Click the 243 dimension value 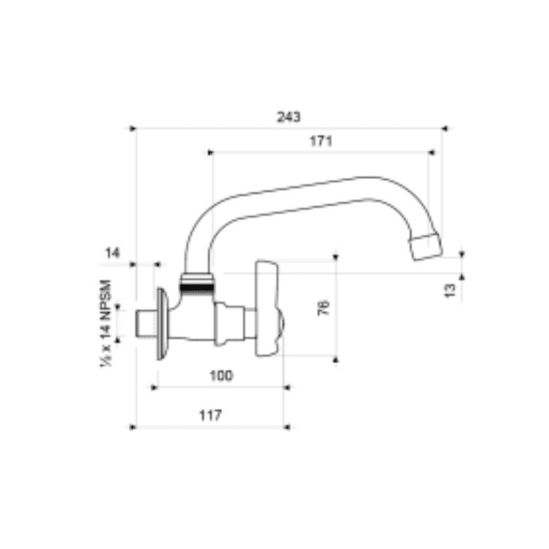coord(289,117)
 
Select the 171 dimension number coord(320,142)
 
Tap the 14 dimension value coord(112,253)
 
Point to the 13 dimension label coord(449,290)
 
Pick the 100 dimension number coord(221,375)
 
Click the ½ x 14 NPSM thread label coord(106,323)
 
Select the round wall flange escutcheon coord(163,323)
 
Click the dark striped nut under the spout coord(196,280)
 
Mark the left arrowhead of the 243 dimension coord(134,128)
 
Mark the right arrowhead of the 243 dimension coord(443,128)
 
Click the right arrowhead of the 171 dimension coord(432,152)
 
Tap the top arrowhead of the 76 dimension coord(336,257)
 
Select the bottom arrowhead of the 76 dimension coord(336,359)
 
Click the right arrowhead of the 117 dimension coord(287,427)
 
